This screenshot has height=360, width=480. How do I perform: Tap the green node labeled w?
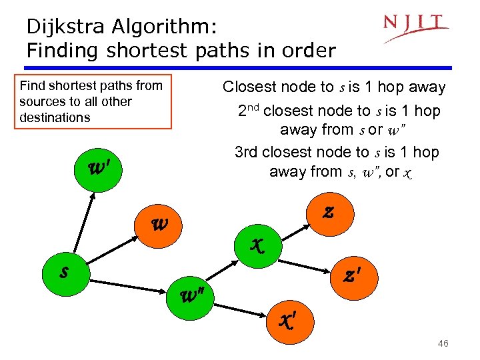coord(159,225)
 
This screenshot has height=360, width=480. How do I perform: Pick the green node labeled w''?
coord(195,294)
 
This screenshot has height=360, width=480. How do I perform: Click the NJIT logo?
coord(416,27)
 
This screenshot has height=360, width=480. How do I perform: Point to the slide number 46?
coord(441,343)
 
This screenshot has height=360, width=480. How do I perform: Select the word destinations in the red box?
coord(55,117)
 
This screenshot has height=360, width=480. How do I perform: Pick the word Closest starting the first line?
coord(250,87)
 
